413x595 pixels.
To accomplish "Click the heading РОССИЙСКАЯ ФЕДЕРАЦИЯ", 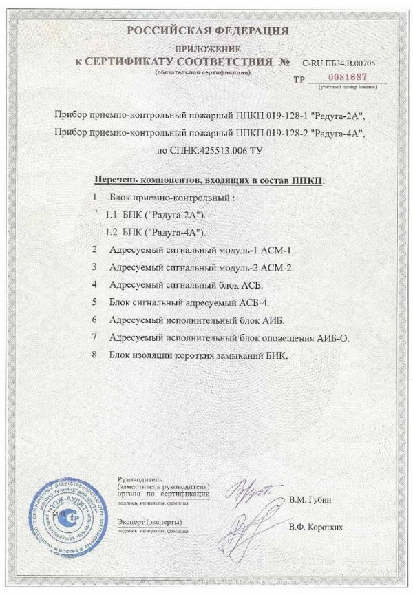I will point(206,30).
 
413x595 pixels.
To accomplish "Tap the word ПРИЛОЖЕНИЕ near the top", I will point(206,49).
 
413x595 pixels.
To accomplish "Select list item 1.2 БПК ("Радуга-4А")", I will point(153,231).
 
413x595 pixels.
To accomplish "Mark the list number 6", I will point(94,320).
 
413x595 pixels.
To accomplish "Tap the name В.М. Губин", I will point(310,498).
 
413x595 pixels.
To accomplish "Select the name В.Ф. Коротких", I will point(316,528).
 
